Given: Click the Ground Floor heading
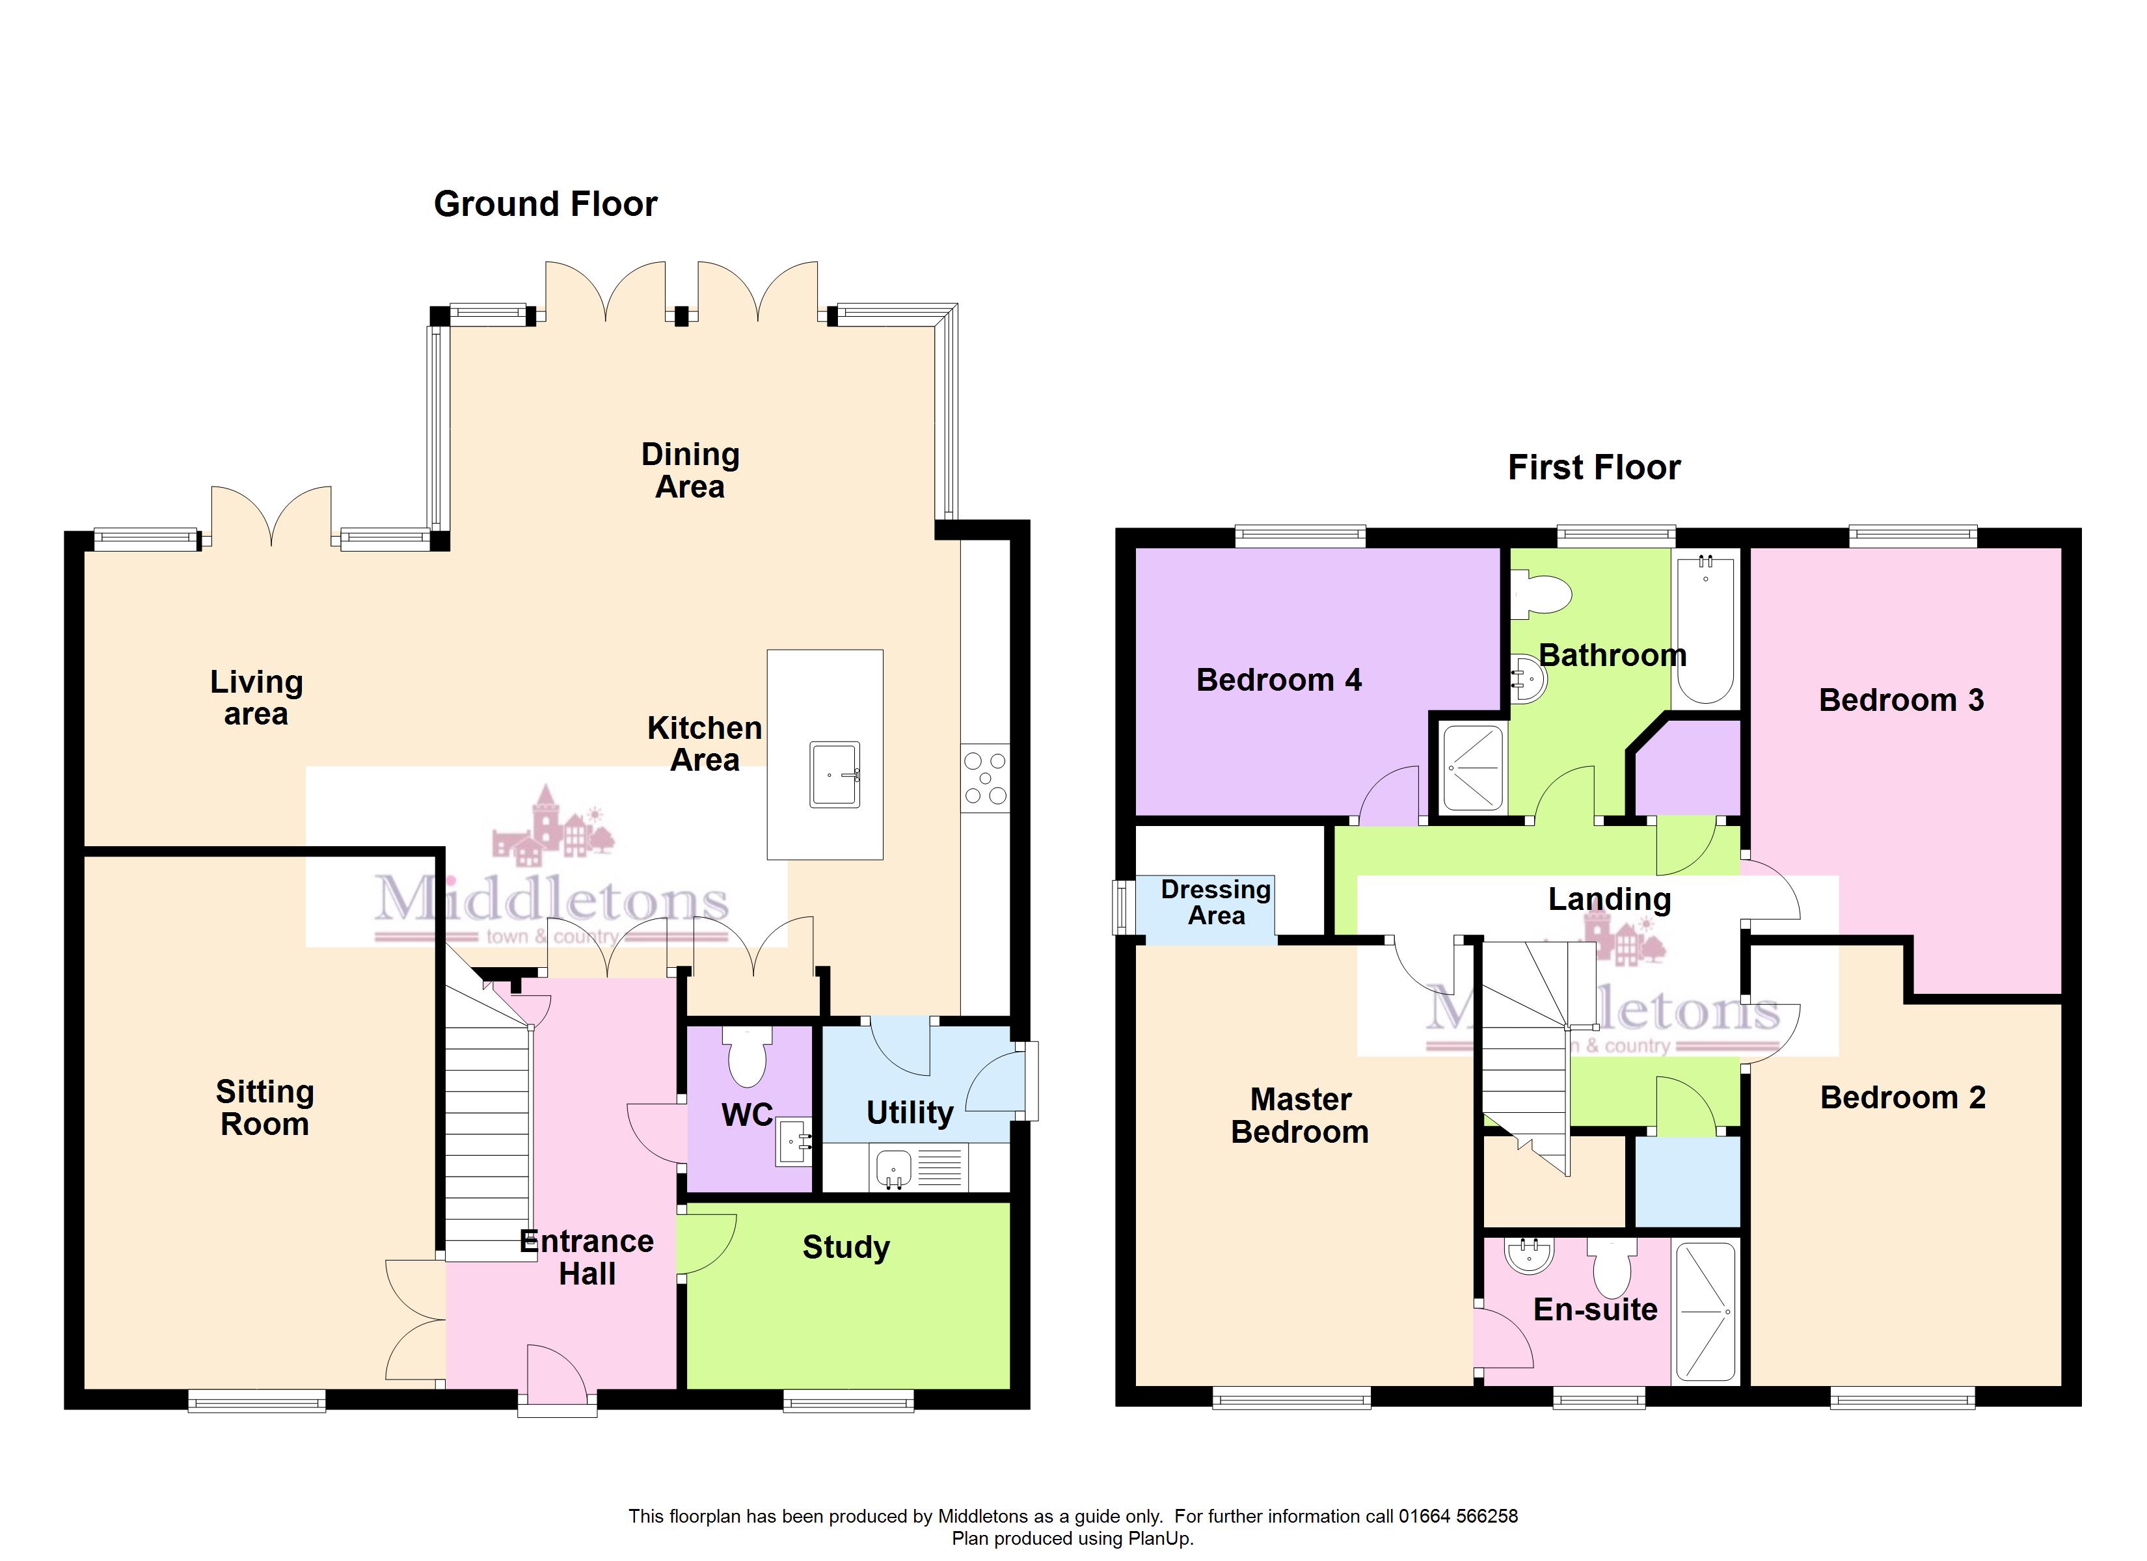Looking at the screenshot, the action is click(545, 204).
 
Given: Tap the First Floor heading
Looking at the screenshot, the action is click(1594, 467).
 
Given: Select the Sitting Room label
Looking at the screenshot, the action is click(265, 1108).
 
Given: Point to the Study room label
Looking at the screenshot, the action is click(846, 1247).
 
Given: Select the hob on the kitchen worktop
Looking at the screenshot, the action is click(986, 778).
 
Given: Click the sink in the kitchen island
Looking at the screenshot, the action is click(835, 775).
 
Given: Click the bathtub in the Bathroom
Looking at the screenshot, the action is click(1706, 628).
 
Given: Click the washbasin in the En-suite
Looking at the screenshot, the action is click(1531, 1255).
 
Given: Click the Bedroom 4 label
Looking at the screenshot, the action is click(1279, 680).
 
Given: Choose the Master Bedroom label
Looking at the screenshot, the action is click(1301, 1115).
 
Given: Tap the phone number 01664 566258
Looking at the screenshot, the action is click(1459, 1515).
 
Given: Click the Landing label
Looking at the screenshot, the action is click(1610, 900).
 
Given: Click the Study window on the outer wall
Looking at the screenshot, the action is click(848, 1400).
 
